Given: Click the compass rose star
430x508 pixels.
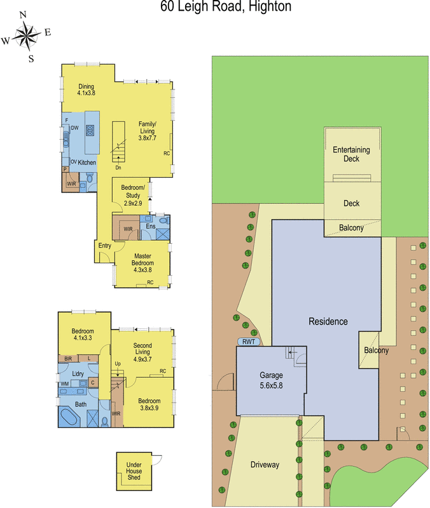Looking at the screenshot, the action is (27, 36).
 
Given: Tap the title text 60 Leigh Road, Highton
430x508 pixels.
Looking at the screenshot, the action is (226, 6).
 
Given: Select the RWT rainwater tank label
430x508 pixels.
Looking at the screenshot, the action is (249, 342).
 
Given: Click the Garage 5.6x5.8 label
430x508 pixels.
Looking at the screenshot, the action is (271, 380).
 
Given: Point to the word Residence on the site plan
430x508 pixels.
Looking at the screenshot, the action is (328, 321).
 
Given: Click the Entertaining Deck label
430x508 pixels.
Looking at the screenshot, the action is (352, 154).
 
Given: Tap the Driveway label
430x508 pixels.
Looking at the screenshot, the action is (265, 465).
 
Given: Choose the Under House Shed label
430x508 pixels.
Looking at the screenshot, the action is (134, 471).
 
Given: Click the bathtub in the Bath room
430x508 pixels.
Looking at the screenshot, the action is (69, 417).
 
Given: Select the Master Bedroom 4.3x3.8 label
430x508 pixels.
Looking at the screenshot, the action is (142, 263).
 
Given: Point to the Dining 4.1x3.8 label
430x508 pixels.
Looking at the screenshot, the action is (87, 90).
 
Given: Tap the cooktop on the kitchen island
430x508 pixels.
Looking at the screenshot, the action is (90, 130).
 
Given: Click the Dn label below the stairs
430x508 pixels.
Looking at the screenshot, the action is (118, 168).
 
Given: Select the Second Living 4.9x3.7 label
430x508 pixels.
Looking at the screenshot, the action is (142, 352).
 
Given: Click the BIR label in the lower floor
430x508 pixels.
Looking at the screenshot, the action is (68, 359).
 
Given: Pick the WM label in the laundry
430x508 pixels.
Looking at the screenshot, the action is (65, 384).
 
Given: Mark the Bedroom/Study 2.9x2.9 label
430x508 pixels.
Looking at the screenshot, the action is (133, 196).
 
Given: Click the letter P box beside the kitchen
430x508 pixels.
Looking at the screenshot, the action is (65, 170).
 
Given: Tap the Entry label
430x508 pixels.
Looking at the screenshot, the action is (105, 246).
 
